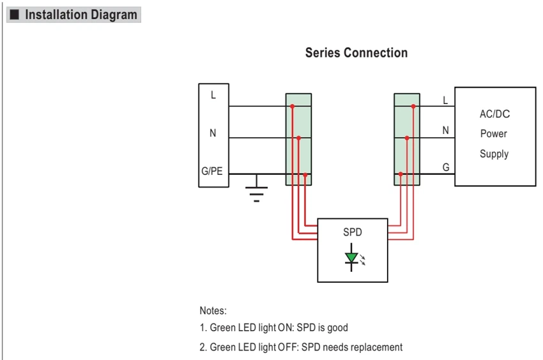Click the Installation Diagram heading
coord(81,15)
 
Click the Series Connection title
coord(356,52)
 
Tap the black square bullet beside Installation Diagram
coord(14,15)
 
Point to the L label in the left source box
coord(213,95)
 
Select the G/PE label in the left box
coord(212,171)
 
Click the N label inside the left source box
coord(213,133)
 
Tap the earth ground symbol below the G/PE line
coord(256,189)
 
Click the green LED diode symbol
coord(351,257)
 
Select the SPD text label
coord(353,232)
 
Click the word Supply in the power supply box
coord(494,154)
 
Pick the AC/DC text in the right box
coord(495,114)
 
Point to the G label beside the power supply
coord(446,167)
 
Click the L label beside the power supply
coord(446,100)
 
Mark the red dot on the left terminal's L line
coord(293,106)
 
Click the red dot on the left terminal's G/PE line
coord(305,175)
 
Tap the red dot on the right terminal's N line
coord(407,138)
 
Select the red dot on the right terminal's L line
coord(413,106)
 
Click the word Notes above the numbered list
coord(213,310)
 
